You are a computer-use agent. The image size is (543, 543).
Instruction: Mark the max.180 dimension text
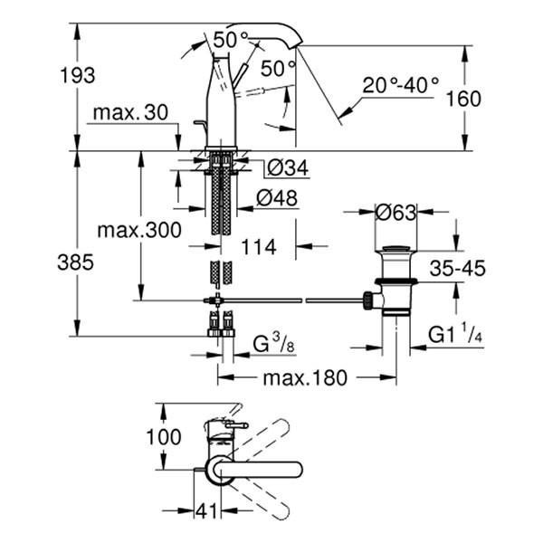(x=306, y=377)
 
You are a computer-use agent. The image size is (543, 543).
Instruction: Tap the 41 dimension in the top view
(x=208, y=510)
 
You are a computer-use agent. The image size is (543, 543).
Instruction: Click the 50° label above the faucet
(x=231, y=39)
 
